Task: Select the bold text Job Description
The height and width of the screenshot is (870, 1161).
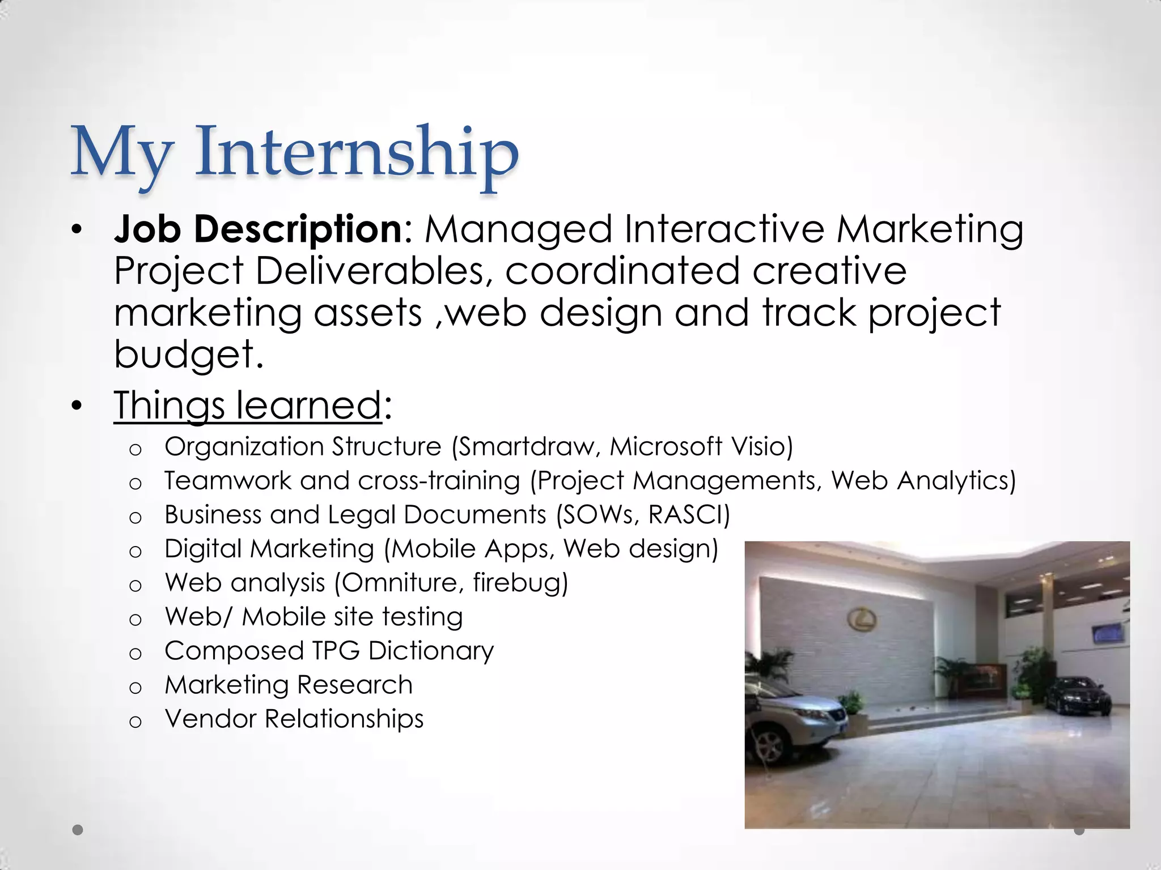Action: pyautogui.click(x=258, y=229)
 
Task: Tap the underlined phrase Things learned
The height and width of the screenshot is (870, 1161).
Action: pyautogui.click(x=247, y=406)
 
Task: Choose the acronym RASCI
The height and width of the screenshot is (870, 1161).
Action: pyautogui.click(x=688, y=515)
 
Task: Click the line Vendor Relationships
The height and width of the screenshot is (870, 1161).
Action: pyautogui.click(x=294, y=719)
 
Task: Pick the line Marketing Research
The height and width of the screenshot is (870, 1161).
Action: pyautogui.click(x=288, y=685)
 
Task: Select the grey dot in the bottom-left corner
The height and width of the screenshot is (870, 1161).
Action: pyautogui.click(x=78, y=830)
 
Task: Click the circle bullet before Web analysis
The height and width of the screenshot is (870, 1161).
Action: pyautogui.click(x=135, y=585)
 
